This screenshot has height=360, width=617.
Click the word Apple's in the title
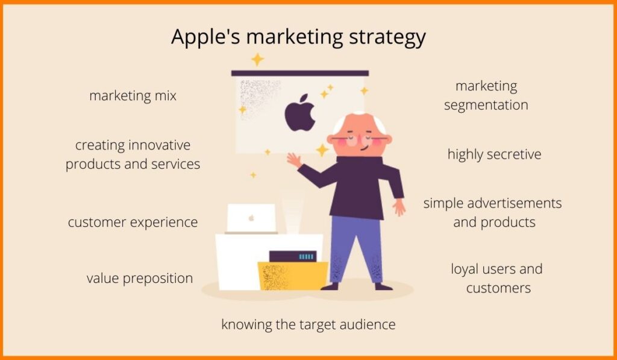[205, 37]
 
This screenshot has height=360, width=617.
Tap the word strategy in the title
[387, 38]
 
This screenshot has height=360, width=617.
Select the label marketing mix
[133, 96]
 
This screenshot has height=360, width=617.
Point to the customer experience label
[133, 223]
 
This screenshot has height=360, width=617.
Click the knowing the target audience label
[308, 324]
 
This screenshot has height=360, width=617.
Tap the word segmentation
[486, 106]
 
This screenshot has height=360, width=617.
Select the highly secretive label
[494, 154]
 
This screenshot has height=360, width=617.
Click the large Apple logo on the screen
[300, 113]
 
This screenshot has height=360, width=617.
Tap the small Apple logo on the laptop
[251, 218]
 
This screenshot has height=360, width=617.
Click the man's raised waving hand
[294, 160]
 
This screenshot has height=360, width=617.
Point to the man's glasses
[359, 139]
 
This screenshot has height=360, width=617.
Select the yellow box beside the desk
[293, 276]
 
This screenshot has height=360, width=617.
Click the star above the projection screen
[257, 60]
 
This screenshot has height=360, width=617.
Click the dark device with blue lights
[293, 256]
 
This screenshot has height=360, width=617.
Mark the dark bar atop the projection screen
[300, 73]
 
